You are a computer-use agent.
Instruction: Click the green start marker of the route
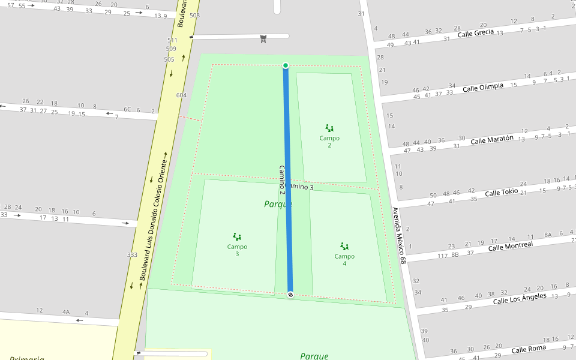click(x=286, y=65)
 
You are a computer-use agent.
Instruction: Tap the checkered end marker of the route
click(x=290, y=295)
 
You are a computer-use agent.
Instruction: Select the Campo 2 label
click(x=329, y=142)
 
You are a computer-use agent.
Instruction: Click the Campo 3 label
click(x=237, y=250)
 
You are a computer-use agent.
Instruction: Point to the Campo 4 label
click(x=344, y=260)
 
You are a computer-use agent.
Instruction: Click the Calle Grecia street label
click(x=476, y=33)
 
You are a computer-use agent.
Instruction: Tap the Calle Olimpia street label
click(x=483, y=87)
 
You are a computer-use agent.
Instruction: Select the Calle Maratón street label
click(x=492, y=140)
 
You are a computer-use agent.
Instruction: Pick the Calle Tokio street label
click(x=501, y=193)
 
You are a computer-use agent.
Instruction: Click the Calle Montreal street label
click(x=511, y=246)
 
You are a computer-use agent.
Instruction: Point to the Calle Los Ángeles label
click(x=520, y=298)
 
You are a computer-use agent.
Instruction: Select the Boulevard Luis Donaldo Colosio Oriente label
click(x=152, y=216)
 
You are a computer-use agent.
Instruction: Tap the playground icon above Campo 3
click(x=237, y=237)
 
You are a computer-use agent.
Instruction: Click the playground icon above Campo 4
click(x=344, y=246)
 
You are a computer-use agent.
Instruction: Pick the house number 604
click(x=181, y=95)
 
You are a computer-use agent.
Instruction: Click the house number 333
click(x=132, y=255)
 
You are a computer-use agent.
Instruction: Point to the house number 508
click(x=194, y=15)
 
